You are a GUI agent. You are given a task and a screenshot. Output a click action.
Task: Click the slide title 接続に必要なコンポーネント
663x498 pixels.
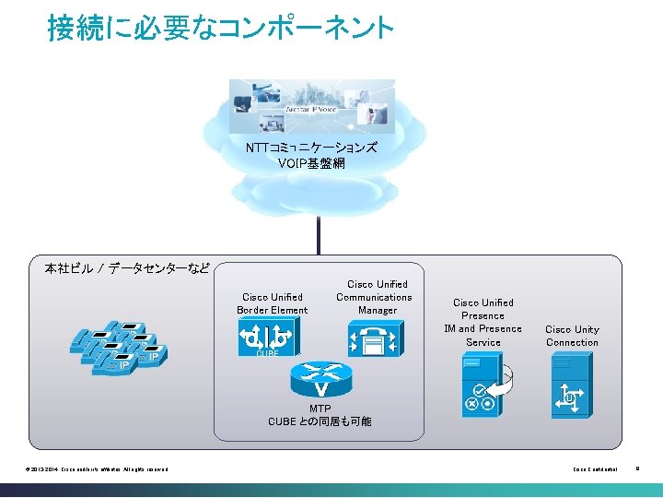point(221,29)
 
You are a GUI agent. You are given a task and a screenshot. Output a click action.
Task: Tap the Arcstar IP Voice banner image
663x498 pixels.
point(311,105)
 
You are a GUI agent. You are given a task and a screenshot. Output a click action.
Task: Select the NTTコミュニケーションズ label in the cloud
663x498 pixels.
point(311,148)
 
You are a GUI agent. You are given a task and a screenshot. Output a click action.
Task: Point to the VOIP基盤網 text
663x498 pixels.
point(311,163)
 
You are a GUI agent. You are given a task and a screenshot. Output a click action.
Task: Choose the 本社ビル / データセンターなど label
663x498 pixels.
point(127,269)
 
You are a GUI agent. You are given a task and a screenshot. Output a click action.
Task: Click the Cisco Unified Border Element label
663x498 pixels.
point(273,303)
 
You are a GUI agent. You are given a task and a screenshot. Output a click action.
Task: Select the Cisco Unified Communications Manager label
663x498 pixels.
point(374,297)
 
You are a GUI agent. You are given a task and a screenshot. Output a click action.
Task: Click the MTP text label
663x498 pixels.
point(320,408)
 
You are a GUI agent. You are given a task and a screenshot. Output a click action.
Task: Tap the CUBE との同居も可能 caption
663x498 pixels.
point(320,421)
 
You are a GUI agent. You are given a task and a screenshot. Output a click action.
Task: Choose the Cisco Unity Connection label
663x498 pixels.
point(572,336)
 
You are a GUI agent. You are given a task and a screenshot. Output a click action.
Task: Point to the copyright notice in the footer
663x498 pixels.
point(98,470)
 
